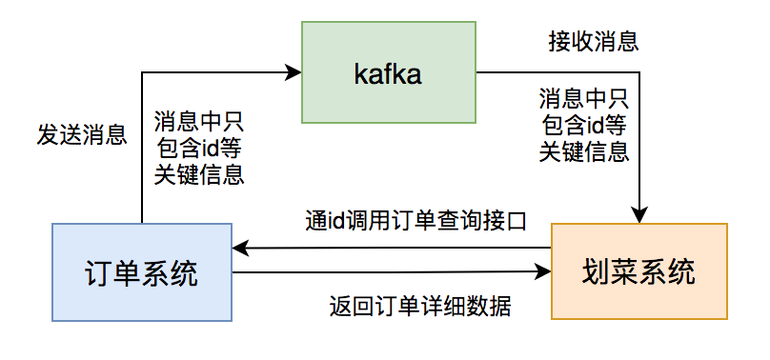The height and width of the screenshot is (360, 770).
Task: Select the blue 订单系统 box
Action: [x=141, y=271]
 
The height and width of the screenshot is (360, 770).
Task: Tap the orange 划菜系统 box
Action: [x=638, y=271]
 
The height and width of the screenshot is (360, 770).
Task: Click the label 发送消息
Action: [x=82, y=133]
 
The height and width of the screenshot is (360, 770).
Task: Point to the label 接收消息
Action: [x=593, y=42]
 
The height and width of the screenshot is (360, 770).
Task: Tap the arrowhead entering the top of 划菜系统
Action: [x=638, y=216]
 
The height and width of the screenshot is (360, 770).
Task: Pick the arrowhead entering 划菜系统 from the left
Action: [x=545, y=274]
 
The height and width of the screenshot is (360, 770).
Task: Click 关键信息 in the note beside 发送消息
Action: [x=198, y=174]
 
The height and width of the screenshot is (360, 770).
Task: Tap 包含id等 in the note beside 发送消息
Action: [x=198, y=149]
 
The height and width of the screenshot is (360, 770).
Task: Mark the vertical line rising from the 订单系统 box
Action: [x=141, y=152]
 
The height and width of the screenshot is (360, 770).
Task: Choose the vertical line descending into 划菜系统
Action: [x=638, y=143]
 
